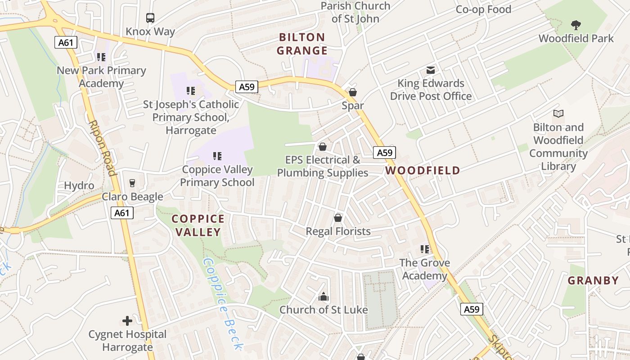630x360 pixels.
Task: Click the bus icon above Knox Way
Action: click(x=150, y=18)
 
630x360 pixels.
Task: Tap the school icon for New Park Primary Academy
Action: click(x=101, y=57)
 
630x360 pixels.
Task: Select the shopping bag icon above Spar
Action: click(x=353, y=92)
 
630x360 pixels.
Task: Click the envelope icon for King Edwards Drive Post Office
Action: click(x=431, y=70)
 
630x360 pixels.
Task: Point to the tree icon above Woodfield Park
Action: click(x=576, y=25)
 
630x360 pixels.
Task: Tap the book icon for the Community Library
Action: click(x=558, y=113)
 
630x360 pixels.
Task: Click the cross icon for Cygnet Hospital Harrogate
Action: click(x=127, y=321)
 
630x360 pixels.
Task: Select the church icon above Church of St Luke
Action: click(x=324, y=297)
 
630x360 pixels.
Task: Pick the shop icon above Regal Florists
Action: click(x=338, y=218)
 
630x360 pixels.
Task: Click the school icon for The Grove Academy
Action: click(x=424, y=249)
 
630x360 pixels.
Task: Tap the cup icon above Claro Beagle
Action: click(x=132, y=183)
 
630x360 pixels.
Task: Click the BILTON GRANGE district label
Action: click(x=302, y=44)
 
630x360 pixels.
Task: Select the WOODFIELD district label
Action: click(x=423, y=171)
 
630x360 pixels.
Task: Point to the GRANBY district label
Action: click(x=593, y=281)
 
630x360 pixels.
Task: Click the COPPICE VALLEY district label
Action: click(x=198, y=225)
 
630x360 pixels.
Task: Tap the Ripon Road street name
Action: click(x=103, y=148)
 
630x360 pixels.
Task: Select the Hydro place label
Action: click(x=79, y=186)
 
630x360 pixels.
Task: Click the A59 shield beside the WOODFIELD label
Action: click(x=384, y=153)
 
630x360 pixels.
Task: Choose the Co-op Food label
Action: click(x=483, y=9)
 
